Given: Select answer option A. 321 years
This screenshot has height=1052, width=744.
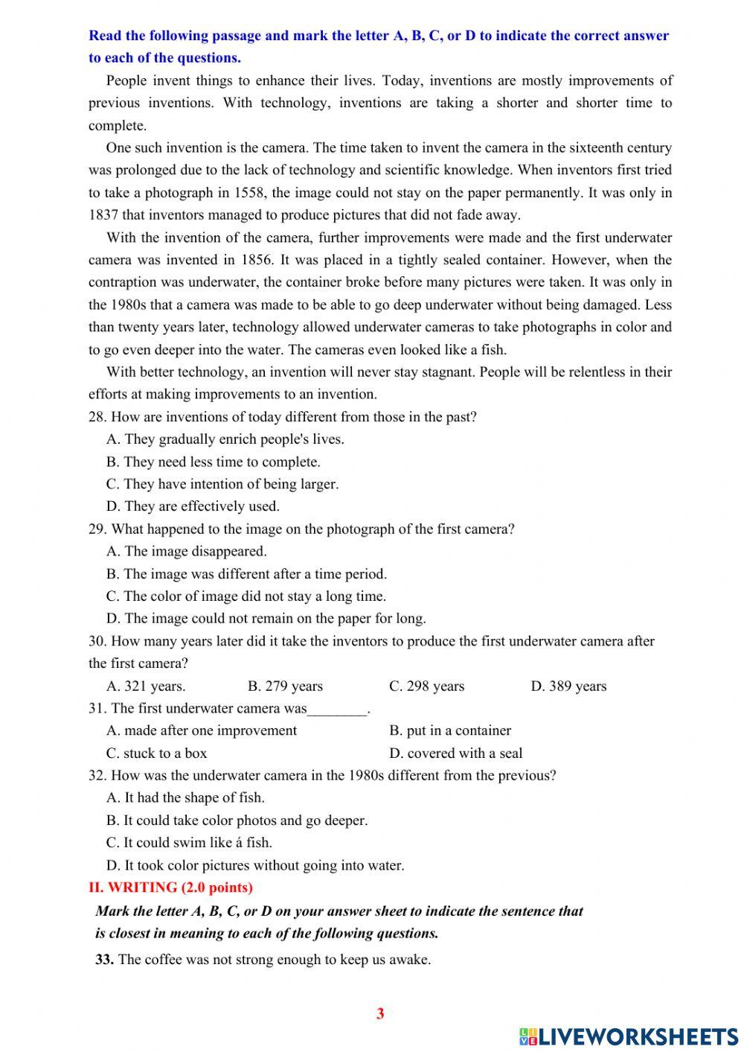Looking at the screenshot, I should coord(147,686).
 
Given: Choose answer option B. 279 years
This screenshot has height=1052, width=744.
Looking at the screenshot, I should coord(285,686).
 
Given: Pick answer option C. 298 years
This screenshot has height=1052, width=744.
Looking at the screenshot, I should coord(426,686).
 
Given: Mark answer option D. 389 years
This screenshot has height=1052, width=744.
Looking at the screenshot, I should coord(568,686).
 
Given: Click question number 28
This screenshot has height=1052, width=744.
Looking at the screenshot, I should coord(97,417).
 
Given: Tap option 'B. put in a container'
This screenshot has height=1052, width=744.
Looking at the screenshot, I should coord(449,730).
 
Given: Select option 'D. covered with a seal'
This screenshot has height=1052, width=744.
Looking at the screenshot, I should coord(455,753).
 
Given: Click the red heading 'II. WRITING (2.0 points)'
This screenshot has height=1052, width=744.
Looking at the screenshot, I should coord(170,887).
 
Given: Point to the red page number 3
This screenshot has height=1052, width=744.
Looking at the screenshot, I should coord(380,1013).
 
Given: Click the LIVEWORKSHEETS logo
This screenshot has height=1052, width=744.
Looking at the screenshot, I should coord(628,1036).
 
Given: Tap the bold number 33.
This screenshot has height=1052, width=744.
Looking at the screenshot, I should coord(104,959).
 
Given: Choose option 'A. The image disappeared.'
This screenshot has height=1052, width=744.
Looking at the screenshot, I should coord(186,551).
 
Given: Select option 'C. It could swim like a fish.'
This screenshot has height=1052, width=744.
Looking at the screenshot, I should coord(189,842).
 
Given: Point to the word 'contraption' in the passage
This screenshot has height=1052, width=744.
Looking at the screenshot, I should coord(122,282).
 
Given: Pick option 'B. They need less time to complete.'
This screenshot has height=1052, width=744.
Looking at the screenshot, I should coord(213,462).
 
